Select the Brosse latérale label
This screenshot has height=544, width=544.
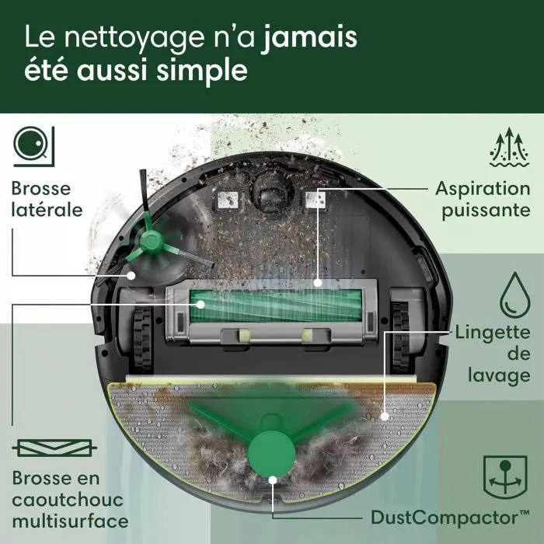47,199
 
